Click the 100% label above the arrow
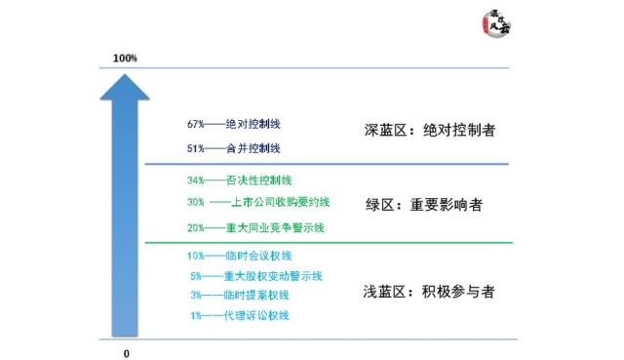125,59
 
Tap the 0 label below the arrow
126,352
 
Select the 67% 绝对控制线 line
232,125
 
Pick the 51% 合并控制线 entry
234,148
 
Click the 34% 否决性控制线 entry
239,180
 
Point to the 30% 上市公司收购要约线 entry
258,203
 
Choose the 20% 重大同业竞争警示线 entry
255,227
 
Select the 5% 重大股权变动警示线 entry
255,276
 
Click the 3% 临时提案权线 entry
240,295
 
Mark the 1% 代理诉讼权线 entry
240,315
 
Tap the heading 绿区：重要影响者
421,206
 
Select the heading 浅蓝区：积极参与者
421,290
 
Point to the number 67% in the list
196,125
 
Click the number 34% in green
196,180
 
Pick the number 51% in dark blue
196,148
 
